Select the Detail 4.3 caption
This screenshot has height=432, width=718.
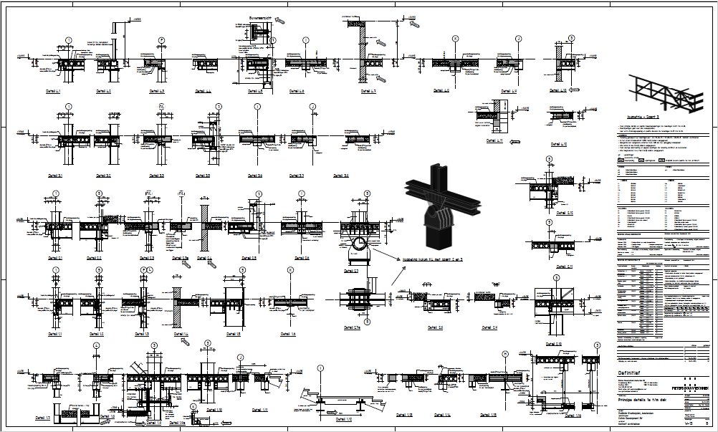pyautogui.click(x=157, y=92)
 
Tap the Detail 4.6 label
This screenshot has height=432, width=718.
pyautogui.click(x=297, y=92)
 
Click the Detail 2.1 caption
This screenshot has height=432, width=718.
pyautogui.click(x=55, y=258)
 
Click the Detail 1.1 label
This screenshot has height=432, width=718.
pyautogui.click(x=55, y=335)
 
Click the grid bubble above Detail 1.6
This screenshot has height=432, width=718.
pyautogui.click(x=290, y=271)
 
